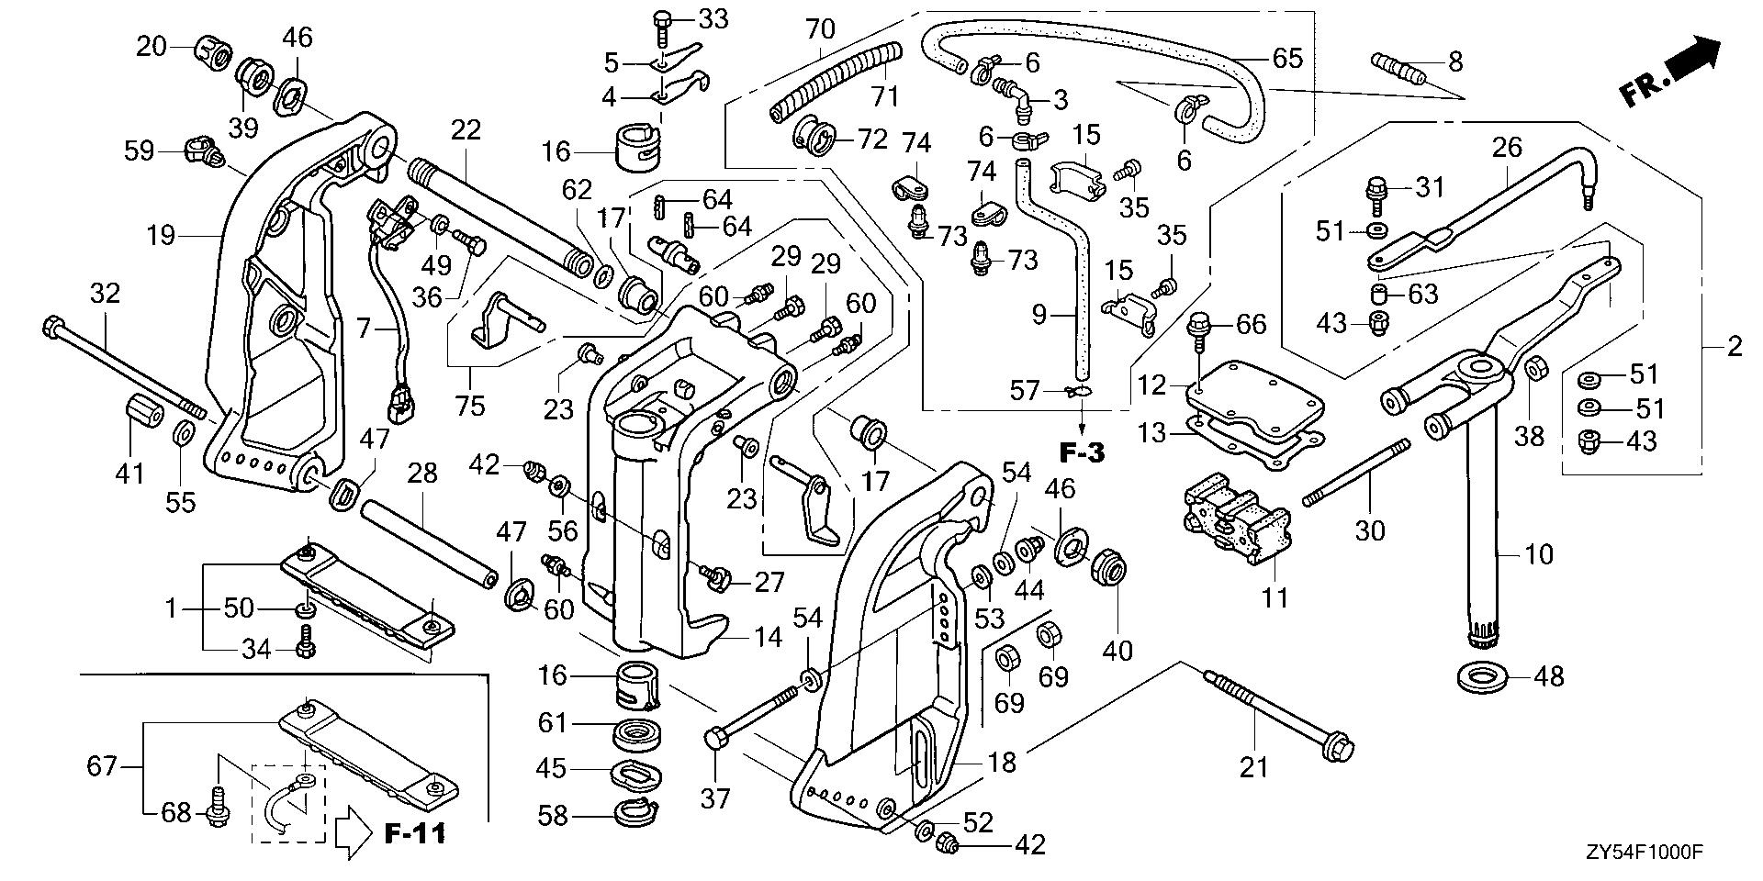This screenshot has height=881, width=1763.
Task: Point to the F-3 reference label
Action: [x=1083, y=452]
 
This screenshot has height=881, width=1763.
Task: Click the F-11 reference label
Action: [x=415, y=833]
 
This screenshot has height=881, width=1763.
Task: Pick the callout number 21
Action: [x=1253, y=767]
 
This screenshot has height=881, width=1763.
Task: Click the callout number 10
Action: [x=1539, y=554]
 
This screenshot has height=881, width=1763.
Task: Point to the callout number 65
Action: [x=1287, y=59]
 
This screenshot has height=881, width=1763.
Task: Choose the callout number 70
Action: [x=820, y=30]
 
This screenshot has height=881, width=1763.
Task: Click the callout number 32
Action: [x=105, y=294]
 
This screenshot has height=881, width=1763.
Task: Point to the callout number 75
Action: [x=470, y=404]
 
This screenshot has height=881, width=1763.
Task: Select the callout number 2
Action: [x=1734, y=347]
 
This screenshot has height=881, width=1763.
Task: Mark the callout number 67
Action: [x=102, y=764]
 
